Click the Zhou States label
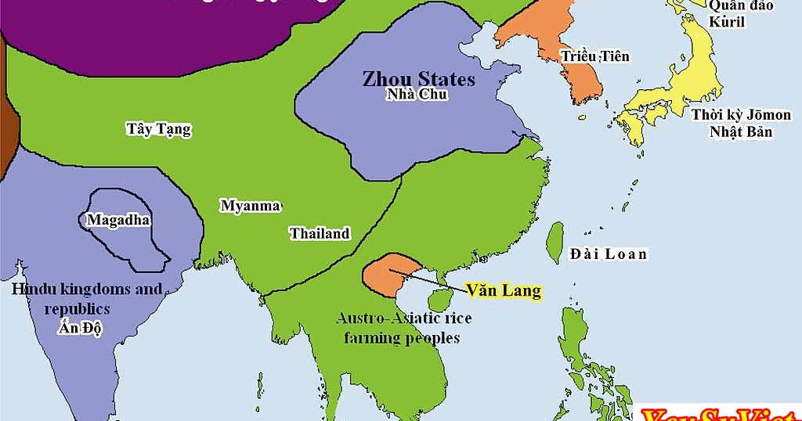[x=418, y=79]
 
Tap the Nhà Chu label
[x=417, y=95]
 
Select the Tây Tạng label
[x=158, y=128]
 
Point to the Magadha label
[x=118, y=220]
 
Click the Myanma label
[x=250, y=206]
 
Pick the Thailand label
[x=320, y=233]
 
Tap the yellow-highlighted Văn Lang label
[x=504, y=290]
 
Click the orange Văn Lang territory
[x=384, y=274]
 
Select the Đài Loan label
[x=609, y=254]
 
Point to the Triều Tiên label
[x=594, y=56]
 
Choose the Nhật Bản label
[x=741, y=131]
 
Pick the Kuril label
[x=727, y=22]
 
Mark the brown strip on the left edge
[x=7, y=117]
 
